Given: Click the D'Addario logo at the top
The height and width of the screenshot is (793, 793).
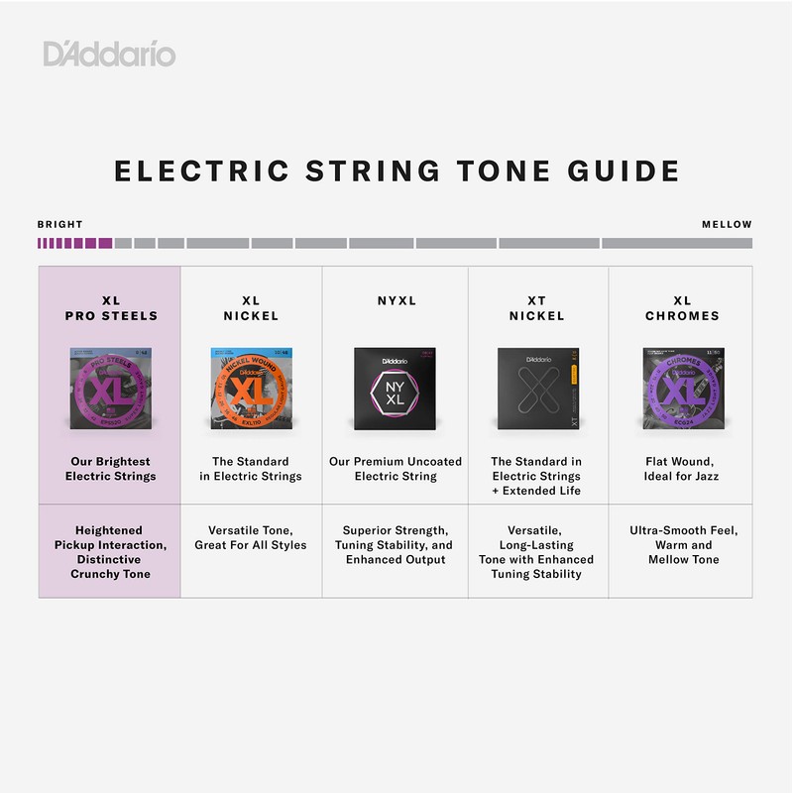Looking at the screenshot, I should (x=109, y=53).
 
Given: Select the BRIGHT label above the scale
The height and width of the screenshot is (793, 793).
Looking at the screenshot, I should (x=60, y=225).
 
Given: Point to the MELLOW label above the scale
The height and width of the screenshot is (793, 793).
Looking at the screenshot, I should (x=727, y=225).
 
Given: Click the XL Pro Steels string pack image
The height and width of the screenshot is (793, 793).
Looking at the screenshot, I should (x=109, y=388).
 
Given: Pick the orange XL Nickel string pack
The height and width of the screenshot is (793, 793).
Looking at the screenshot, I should (x=251, y=388).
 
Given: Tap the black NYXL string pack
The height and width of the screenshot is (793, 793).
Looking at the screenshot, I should (x=395, y=388).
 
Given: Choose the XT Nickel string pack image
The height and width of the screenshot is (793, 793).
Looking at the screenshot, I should (x=537, y=388).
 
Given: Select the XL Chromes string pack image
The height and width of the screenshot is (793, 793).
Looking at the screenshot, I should (x=681, y=388).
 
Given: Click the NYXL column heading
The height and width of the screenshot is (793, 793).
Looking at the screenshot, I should (x=395, y=300).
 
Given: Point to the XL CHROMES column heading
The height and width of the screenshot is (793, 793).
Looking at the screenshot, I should (x=681, y=308).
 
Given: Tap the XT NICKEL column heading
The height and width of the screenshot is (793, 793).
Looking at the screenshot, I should (x=537, y=308).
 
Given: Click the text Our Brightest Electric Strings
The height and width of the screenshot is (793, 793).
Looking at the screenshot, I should (x=110, y=469).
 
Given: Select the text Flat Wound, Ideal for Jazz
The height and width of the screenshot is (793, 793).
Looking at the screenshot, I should (x=681, y=469).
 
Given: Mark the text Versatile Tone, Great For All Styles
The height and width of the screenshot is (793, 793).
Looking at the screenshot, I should (x=251, y=538).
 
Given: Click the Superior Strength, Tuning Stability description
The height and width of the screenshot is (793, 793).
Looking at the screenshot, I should (x=395, y=545).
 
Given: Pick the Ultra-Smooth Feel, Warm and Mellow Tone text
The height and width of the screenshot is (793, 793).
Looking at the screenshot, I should (x=681, y=545).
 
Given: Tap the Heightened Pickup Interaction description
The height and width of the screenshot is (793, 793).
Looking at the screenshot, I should (x=110, y=552).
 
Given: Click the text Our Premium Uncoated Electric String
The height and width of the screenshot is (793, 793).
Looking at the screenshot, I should (x=395, y=469).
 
